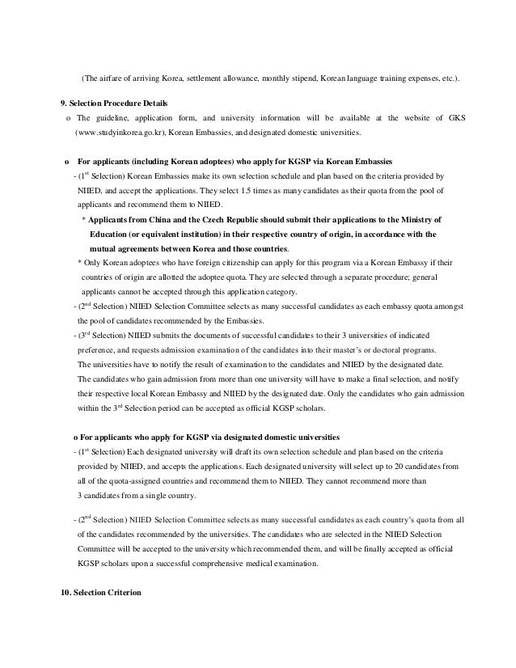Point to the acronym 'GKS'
pos(455,118)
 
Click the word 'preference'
pos(97,350)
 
